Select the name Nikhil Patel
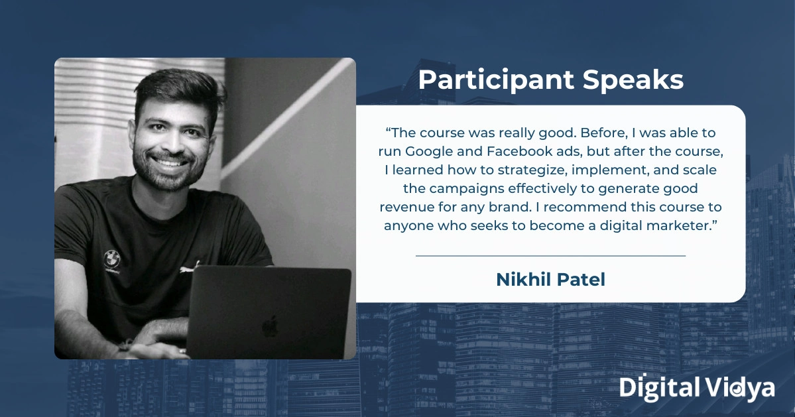click(x=550, y=280)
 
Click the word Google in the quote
click(x=436, y=151)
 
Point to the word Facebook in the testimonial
click(x=519, y=151)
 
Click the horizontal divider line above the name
click(x=550, y=255)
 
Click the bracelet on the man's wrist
click(x=123, y=345)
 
